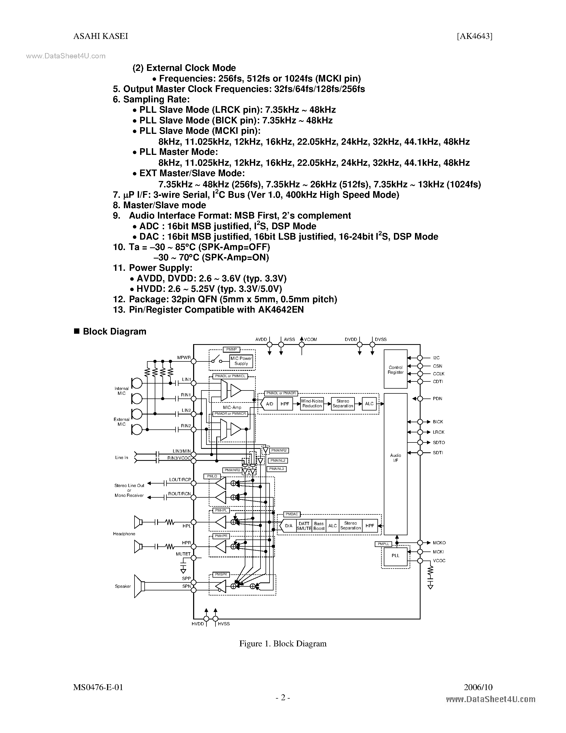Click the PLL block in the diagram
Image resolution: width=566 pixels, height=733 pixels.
(x=395, y=555)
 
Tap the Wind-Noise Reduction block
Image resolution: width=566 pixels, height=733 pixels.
(x=312, y=404)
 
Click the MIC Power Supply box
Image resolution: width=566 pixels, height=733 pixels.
(x=241, y=361)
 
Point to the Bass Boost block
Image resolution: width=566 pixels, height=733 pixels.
(x=319, y=526)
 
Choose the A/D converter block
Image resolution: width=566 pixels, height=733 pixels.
(x=269, y=404)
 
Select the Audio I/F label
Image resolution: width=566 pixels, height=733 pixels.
(x=395, y=458)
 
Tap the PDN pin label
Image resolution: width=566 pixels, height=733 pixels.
(x=437, y=399)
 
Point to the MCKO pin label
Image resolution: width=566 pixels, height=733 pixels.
(x=439, y=543)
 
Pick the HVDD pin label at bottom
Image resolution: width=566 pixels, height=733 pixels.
(x=198, y=624)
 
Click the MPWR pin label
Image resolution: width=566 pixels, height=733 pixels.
(x=184, y=358)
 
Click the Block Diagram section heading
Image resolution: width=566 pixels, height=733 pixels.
(x=114, y=332)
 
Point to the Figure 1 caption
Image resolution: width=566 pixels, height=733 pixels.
(x=283, y=644)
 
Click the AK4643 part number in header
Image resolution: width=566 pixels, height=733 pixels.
(x=474, y=36)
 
